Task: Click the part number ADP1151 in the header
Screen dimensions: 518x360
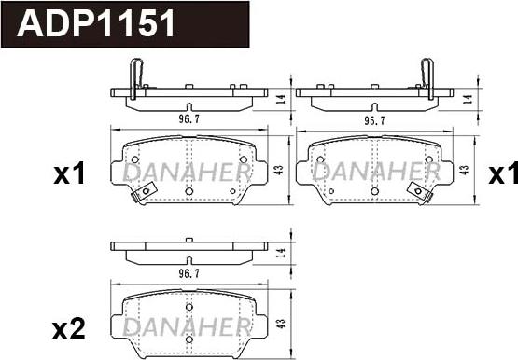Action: [96, 23]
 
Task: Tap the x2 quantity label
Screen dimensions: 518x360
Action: [69, 329]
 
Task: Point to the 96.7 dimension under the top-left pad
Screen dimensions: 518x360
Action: [189, 118]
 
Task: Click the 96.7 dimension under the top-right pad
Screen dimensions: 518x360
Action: [374, 120]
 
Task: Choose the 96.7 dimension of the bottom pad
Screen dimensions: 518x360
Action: [189, 273]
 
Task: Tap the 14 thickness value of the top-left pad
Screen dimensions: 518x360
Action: [280, 99]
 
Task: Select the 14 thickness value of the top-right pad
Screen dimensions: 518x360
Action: [467, 99]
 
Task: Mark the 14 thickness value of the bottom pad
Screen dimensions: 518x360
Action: [280, 253]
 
